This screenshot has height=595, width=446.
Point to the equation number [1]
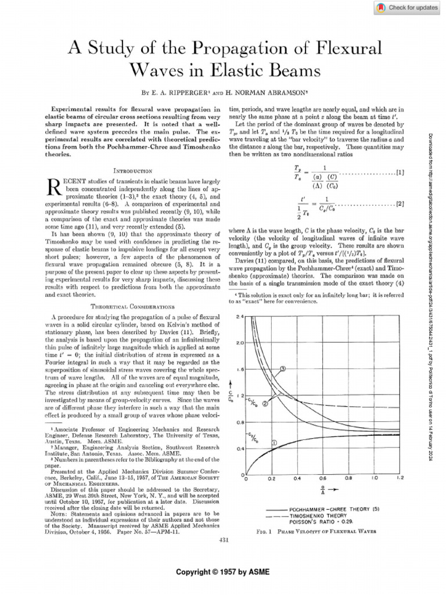tap(400, 173)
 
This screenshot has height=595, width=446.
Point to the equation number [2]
tap(400, 204)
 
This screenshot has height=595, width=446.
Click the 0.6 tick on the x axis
tap(322, 479)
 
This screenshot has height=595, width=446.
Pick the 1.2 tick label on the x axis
tap(400, 479)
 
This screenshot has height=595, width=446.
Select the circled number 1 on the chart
tap(274, 443)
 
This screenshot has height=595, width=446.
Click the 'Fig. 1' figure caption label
tap(264, 531)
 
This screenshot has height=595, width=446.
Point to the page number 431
tap(223, 540)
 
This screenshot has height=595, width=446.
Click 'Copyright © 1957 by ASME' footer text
tap(223, 572)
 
